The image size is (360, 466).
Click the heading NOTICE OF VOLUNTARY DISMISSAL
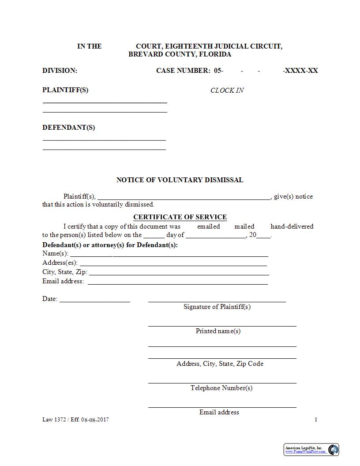pyautogui.click(x=180, y=180)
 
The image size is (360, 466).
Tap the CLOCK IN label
pyautogui.click(x=227, y=90)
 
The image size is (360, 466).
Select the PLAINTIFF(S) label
pyautogui.click(x=65, y=90)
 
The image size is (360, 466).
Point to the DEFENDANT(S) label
pyautogui.click(x=68, y=128)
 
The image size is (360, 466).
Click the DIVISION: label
pyautogui.click(x=60, y=71)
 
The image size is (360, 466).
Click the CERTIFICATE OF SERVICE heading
pyautogui.click(x=180, y=217)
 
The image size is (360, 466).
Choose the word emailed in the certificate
pyautogui.click(x=208, y=226)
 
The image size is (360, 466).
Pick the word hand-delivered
pyautogui.click(x=292, y=226)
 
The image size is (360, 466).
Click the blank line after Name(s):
pyautogui.click(x=169, y=255)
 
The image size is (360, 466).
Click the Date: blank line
pyautogui.click(x=95, y=301)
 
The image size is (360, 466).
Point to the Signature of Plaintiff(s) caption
pyautogui.click(x=217, y=307)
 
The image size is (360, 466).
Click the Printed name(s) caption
pyautogui.click(x=218, y=331)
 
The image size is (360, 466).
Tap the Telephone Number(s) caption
pyautogui.click(x=221, y=388)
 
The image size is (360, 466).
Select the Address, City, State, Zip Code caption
pyautogui.click(x=220, y=364)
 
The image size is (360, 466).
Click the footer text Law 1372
pyautogui.click(x=54, y=420)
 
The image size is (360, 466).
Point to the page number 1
pyautogui.click(x=316, y=420)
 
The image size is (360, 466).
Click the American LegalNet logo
pyautogui.click(x=311, y=449)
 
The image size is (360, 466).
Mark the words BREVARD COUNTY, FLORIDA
pyautogui.click(x=180, y=54)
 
